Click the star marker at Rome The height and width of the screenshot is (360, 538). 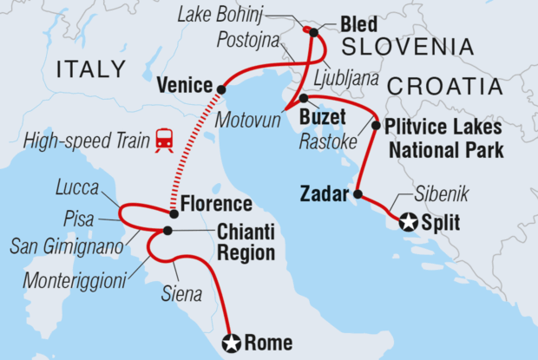[231, 343]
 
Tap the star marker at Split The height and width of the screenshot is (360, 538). [409, 223]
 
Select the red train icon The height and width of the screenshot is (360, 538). [162, 139]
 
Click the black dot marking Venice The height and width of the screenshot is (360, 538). [222, 88]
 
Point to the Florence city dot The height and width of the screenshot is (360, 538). [174, 213]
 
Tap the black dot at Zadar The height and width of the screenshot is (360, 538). [358, 193]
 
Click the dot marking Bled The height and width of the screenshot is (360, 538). [313, 33]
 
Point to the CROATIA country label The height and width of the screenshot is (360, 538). [446, 86]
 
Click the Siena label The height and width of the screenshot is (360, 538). [182, 294]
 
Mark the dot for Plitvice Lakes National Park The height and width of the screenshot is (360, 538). [376, 125]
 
